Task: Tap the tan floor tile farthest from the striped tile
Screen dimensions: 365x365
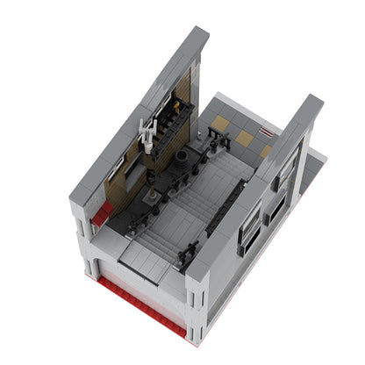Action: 219,123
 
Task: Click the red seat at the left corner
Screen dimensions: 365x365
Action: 103,211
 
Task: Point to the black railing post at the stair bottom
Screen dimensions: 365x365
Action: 186,255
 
